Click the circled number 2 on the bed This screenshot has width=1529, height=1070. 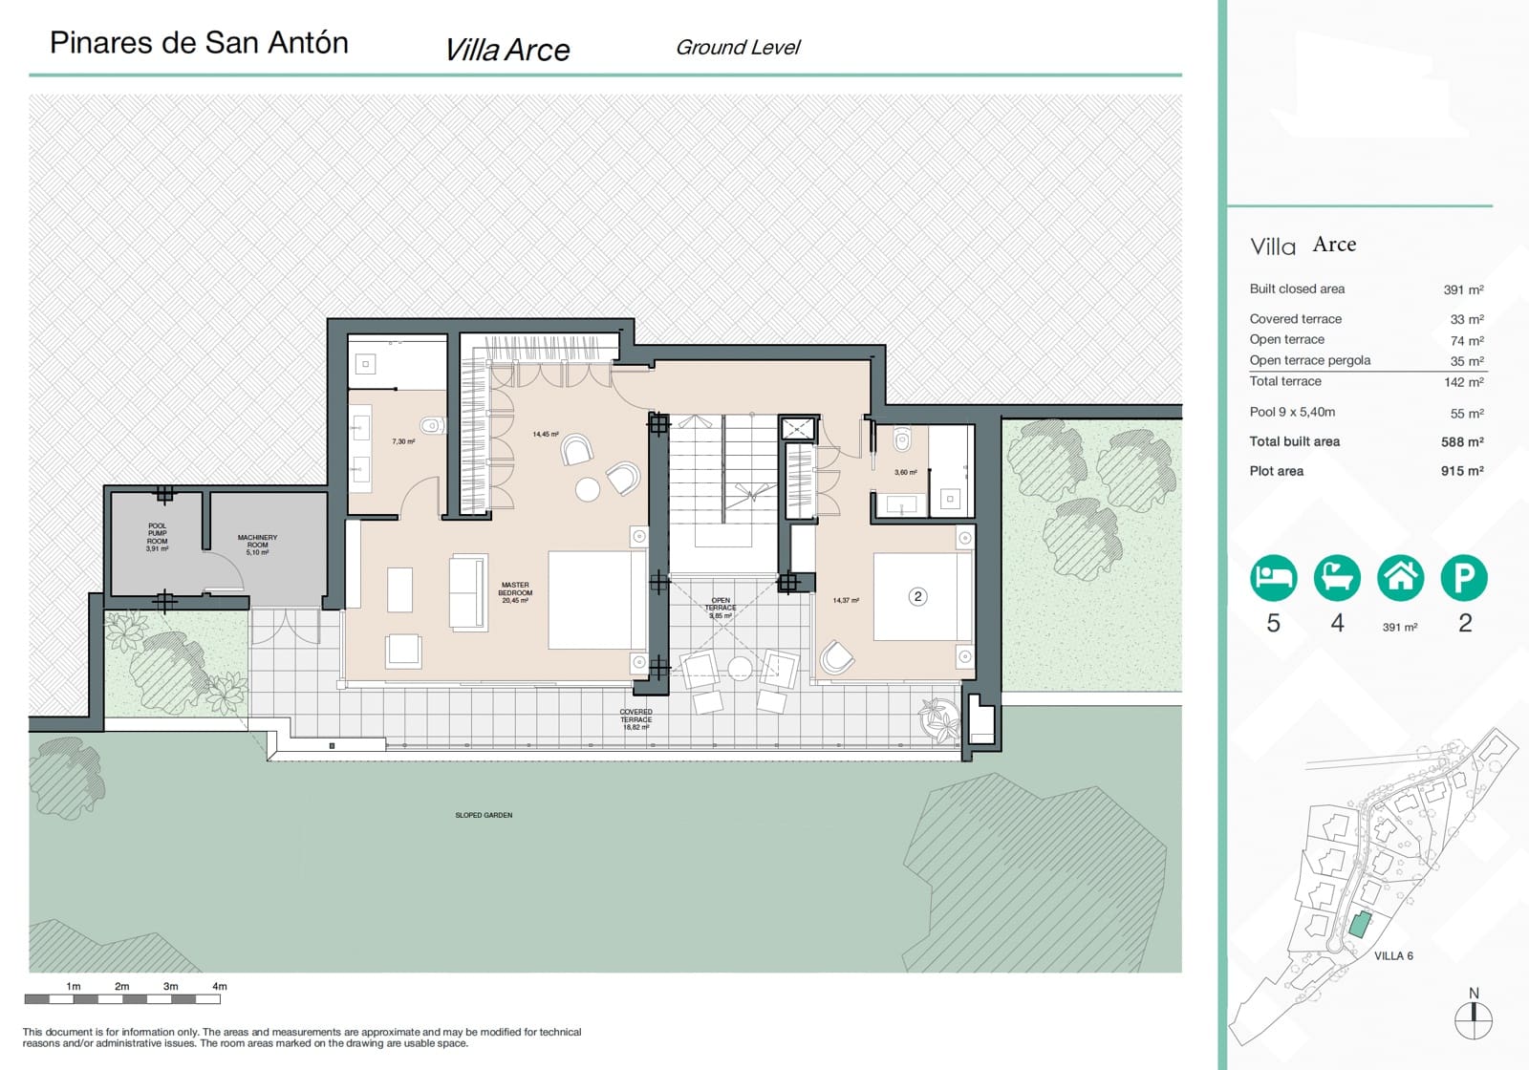pyautogui.click(x=917, y=596)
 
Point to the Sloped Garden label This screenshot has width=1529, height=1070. pyautogui.click(x=484, y=815)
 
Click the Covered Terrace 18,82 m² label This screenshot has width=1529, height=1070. pyautogui.click(x=635, y=719)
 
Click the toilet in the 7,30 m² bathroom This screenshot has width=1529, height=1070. pyautogui.click(x=432, y=426)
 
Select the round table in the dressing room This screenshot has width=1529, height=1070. pyautogui.click(x=588, y=489)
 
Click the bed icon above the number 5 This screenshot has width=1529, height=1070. pyautogui.click(x=1273, y=578)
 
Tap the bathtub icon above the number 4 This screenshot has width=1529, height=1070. pyautogui.click(x=1337, y=578)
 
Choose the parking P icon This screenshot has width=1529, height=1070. pyautogui.click(x=1464, y=578)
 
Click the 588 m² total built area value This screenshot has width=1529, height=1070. pyautogui.click(x=1462, y=441)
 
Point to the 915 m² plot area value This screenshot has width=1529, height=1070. pyautogui.click(x=1462, y=471)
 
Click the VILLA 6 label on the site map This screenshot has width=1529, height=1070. pyautogui.click(x=1393, y=955)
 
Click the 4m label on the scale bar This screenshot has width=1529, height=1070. pyautogui.click(x=219, y=986)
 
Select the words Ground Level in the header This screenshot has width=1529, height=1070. pyautogui.click(x=738, y=47)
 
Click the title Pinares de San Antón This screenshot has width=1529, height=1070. pyautogui.click(x=199, y=43)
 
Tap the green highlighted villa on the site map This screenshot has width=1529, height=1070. pyautogui.click(x=1360, y=924)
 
